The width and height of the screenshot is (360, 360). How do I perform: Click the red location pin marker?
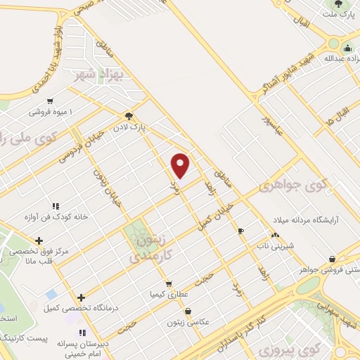coord(181,166)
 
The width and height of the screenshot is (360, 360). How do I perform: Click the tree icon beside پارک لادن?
coord(129,116)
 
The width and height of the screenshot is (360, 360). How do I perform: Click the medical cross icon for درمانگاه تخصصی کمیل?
coord(82,297)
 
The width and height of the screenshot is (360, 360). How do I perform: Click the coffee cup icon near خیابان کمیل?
coord(240,231)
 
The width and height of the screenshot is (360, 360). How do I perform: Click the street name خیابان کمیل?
coord(211,214)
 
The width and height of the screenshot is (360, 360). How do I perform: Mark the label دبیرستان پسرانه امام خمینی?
coord(67,349)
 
